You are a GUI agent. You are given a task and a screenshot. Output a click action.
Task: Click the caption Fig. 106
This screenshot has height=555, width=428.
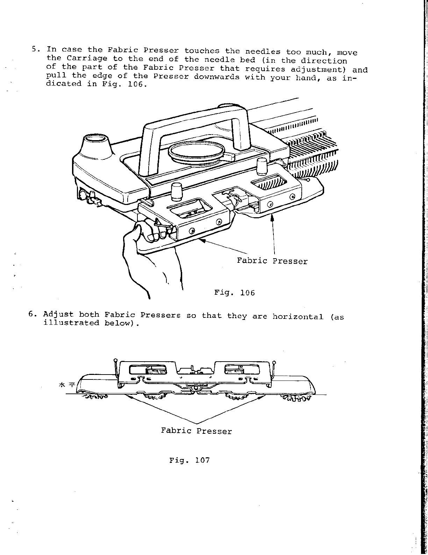(234, 293)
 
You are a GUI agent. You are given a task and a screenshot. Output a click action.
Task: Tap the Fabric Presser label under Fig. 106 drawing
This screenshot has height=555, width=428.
(272, 261)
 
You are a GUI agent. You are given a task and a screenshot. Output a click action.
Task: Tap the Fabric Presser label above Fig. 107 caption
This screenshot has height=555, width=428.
(196, 431)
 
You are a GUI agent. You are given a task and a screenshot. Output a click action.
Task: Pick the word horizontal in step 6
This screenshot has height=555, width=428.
(298, 316)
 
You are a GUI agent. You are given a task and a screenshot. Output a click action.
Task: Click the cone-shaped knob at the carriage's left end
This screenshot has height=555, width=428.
(95, 144)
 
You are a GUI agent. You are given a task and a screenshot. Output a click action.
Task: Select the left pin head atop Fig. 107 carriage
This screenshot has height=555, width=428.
(115, 360)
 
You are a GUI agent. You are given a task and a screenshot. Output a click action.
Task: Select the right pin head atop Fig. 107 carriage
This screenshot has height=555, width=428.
(274, 362)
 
